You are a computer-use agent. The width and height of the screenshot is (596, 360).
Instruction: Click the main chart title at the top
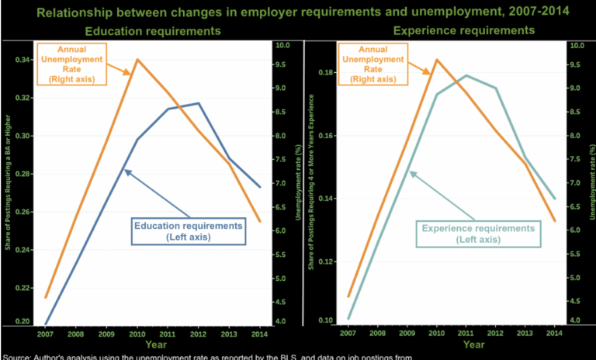pyautogui.click(x=298, y=12)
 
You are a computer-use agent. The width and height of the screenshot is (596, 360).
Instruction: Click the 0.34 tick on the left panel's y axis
pyautogui.click(x=25, y=60)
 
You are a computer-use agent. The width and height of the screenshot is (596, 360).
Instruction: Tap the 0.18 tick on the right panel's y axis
pyautogui.click(x=326, y=73)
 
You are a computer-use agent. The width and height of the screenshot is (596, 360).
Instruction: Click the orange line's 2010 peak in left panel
pyautogui.click(x=137, y=59)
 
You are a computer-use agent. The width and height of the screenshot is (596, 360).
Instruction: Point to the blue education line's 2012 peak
pyautogui.click(x=198, y=103)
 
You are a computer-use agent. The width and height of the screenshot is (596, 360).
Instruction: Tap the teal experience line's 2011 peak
pyautogui.click(x=466, y=75)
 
